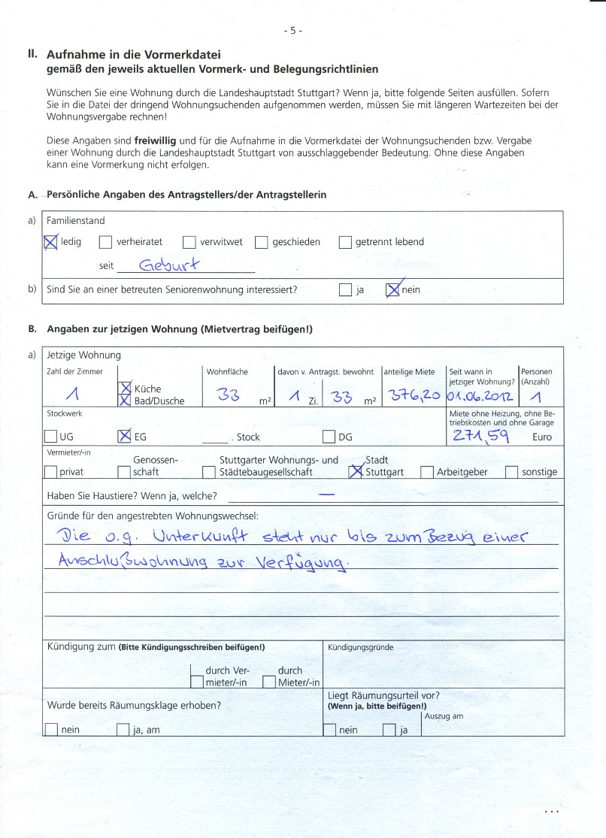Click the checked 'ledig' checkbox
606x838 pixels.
pyautogui.click(x=51, y=243)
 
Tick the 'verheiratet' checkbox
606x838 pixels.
pyautogui.click(x=105, y=243)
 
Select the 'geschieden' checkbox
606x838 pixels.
pyautogui.click(x=261, y=243)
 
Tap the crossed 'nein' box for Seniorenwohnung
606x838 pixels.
pyautogui.click(x=392, y=290)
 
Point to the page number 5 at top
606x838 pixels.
pyautogui.click(x=293, y=31)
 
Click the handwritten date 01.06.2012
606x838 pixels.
pyautogui.click(x=480, y=395)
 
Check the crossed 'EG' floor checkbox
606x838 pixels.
pyautogui.click(x=125, y=437)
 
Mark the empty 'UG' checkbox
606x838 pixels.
pyautogui.click(x=50, y=437)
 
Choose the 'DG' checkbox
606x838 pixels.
pyautogui.click(x=329, y=437)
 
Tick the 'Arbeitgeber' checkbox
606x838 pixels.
pyautogui.click(x=426, y=473)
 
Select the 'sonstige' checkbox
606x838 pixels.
pyautogui.click(x=511, y=473)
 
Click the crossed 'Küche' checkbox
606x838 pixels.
pyautogui.click(x=125, y=389)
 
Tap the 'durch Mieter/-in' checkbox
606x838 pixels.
pyautogui.click(x=268, y=682)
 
